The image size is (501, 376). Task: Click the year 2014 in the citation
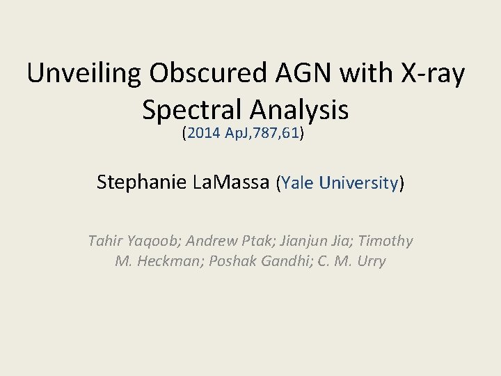coord(202,134)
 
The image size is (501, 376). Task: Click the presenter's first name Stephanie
coord(141,182)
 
